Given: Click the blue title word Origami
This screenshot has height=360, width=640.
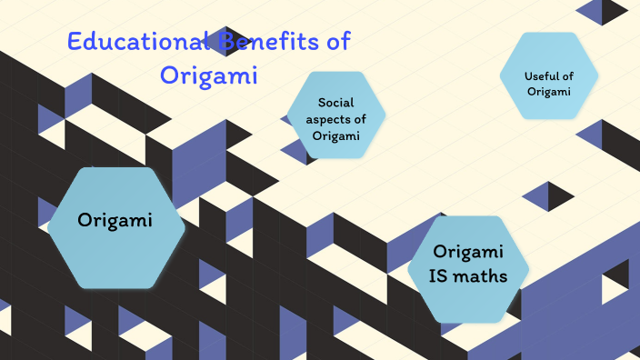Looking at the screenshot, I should [x=209, y=75].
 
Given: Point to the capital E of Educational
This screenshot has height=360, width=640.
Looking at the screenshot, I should [x=75, y=42].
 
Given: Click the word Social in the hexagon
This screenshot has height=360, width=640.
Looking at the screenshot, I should [x=335, y=103].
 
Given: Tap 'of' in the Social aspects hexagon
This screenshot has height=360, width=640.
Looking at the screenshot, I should [x=358, y=119].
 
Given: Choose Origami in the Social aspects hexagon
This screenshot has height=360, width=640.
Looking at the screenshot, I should [x=335, y=135].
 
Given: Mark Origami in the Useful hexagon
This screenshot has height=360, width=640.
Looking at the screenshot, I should [x=548, y=91].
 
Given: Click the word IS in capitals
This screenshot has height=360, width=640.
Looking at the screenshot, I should [x=442, y=276].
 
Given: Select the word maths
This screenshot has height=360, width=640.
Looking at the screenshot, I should [x=483, y=276].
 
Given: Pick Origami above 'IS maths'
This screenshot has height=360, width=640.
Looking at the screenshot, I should [x=468, y=252].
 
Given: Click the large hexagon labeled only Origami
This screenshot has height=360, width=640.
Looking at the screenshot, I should [x=114, y=220].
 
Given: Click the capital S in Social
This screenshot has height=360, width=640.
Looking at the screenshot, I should [x=322, y=103].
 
